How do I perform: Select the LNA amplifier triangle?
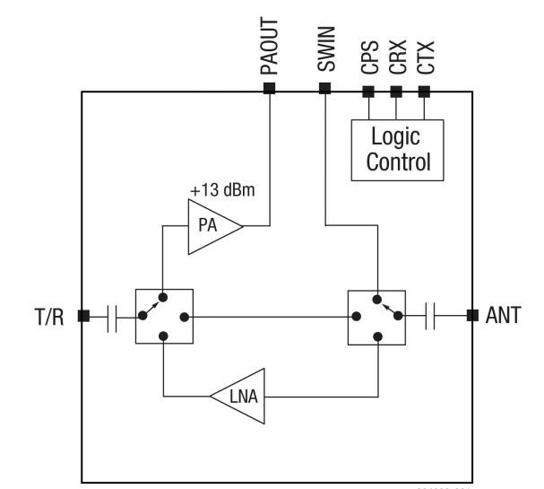(x=240, y=394)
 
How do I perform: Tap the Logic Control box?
(x=394, y=148)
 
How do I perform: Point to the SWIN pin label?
(x=325, y=52)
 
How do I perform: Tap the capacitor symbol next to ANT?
(x=430, y=315)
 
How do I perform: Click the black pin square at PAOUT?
(x=270, y=88)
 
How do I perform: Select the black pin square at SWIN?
(x=324, y=88)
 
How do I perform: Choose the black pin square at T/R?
(x=82, y=315)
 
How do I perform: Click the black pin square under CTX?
(x=424, y=91)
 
